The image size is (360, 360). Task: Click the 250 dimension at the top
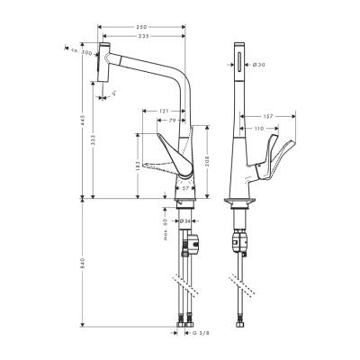click(x=141, y=26)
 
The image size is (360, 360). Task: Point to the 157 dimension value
click(x=267, y=116)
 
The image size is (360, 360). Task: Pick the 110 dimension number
click(x=261, y=130)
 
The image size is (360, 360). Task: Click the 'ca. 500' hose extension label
click(x=84, y=54)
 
